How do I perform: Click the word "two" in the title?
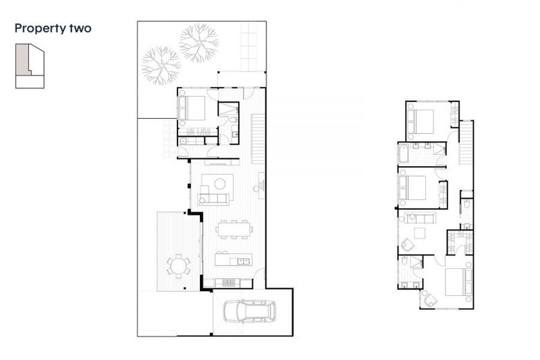tap(80, 28)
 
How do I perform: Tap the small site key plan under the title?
tap(30, 66)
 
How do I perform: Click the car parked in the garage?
tap(250, 312)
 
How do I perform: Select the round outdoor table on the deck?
tap(178, 266)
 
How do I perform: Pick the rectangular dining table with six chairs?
tap(234, 229)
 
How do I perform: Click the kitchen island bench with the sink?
tap(234, 259)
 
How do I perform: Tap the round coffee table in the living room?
tap(220, 184)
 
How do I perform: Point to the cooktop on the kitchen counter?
tap(229, 283)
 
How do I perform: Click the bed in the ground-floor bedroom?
tap(192, 108)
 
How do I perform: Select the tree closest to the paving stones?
tap(198, 43)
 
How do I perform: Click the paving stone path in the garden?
tap(248, 47)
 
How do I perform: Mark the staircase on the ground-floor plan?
tap(258, 139)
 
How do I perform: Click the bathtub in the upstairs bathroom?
tap(403, 153)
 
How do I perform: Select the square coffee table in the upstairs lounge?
tap(420, 233)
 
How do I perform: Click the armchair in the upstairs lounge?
tap(408, 245)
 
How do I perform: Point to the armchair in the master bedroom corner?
tap(430, 299)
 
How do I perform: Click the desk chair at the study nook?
tap(256, 188)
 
